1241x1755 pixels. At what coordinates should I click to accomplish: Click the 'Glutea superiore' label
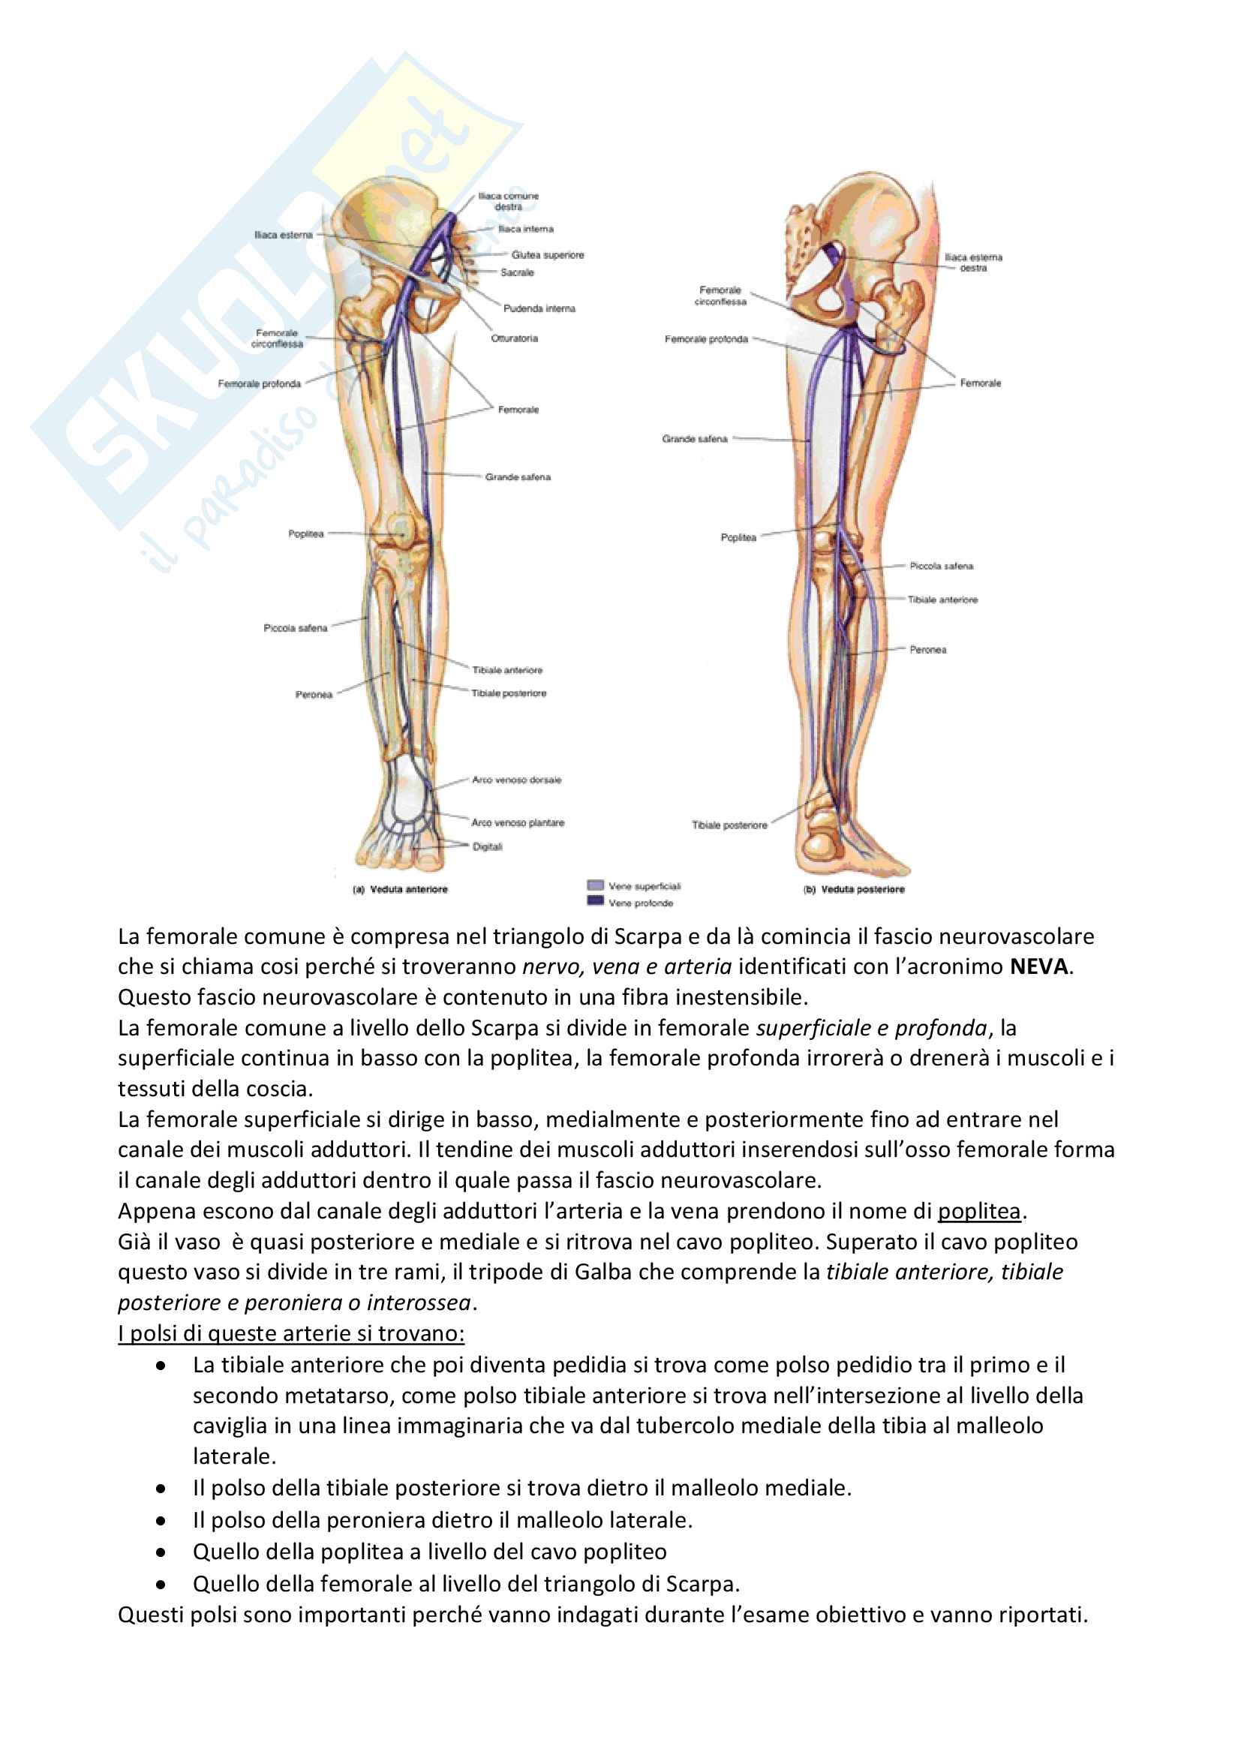pyautogui.click(x=547, y=254)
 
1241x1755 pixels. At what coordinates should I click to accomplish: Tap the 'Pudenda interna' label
pyautogui.click(x=539, y=308)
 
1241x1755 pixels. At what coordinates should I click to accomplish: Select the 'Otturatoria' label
pyautogui.click(x=514, y=338)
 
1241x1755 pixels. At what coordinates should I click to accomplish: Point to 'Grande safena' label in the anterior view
pyautogui.click(x=518, y=477)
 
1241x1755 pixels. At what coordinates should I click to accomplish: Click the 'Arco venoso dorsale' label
pyautogui.click(x=515, y=780)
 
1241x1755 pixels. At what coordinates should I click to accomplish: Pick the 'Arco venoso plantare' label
pyautogui.click(x=518, y=822)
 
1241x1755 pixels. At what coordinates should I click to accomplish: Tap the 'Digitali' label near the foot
pyautogui.click(x=487, y=846)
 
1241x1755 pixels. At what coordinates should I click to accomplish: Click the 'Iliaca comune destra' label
pyautogui.click(x=508, y=201)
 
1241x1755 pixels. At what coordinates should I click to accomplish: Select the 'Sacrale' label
pyautogui.click(x=518, y=272)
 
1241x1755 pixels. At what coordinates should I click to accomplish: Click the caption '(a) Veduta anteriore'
pyautogui.click(x=401, y=889)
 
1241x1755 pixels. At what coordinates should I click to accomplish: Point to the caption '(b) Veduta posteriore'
pyautogui.click(x=854, y=889)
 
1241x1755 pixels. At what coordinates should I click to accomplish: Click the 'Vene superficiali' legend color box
pyautogui.click(x=595, y=885)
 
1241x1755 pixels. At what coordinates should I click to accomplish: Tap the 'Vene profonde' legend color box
pyautogui.click(x=595, y=900)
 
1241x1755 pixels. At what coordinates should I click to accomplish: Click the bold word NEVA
pyautogui.click(x=1038, y=967)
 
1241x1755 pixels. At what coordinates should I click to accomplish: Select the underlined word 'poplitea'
pyautogui.click(x=979, y=1212)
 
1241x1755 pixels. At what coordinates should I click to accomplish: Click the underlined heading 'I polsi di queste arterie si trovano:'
pyautogui.click(x=291, y=1334)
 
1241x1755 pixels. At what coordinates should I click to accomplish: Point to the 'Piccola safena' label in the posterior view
pyautogui.click(x=941, y=566)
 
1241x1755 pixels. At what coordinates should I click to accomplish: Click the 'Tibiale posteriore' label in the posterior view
pyautogui.click(x=729, y=825)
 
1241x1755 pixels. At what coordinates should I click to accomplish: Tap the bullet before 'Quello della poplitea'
pyautogui.click(x=161, y=1552)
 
